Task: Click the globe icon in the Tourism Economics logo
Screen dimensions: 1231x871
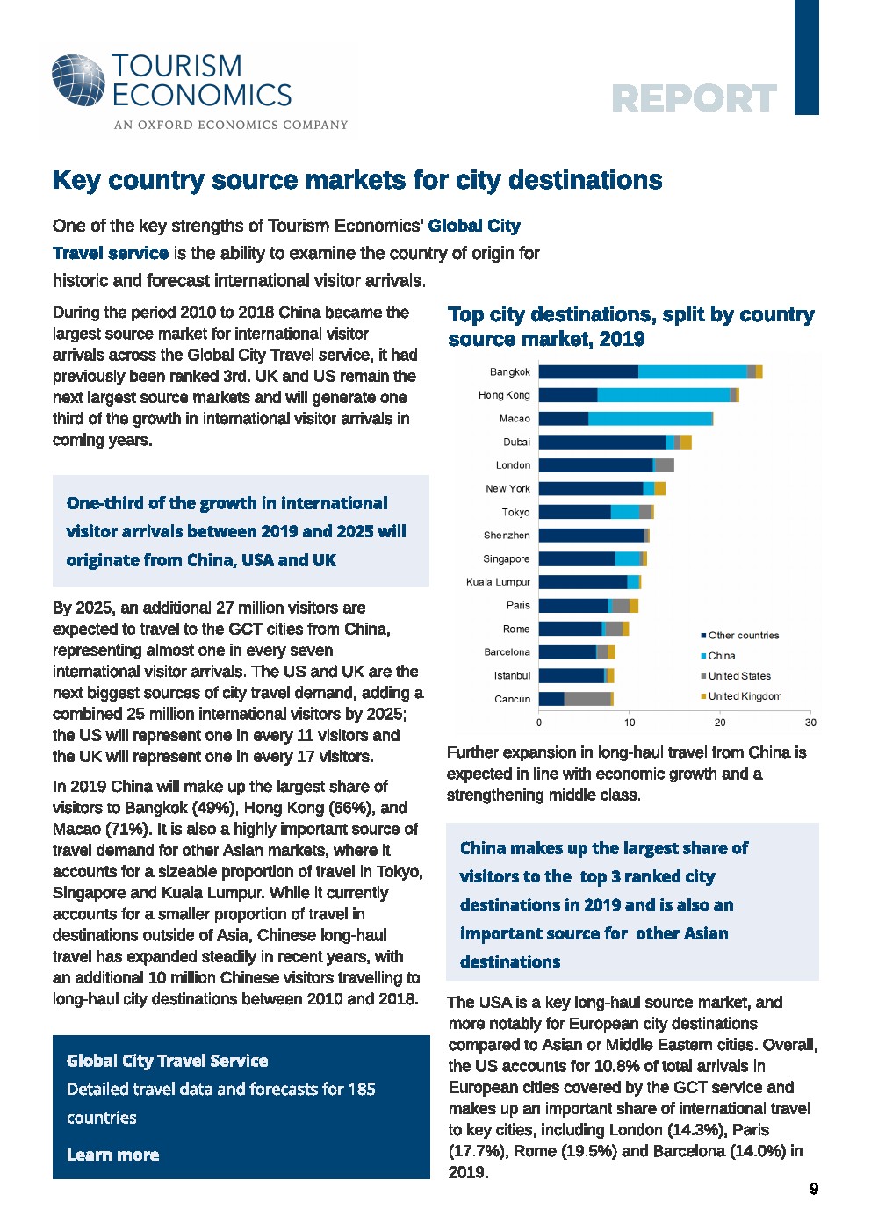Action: [x=78, y=81]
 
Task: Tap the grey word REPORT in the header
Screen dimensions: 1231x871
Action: [x=694, y=98]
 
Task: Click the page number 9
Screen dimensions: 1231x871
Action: [x=814, y=1189]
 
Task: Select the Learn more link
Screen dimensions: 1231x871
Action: [x=112, y=1155]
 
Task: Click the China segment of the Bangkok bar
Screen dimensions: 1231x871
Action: [x=692, y=371]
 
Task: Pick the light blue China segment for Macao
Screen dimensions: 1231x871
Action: [x=650, y=419]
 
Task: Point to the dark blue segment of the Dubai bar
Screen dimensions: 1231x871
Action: [x=601, y=442]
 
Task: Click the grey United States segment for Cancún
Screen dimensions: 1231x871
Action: [x=587, y=699]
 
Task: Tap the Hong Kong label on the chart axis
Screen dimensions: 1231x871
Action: [x=504, y=395]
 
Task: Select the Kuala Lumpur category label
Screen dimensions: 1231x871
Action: [x=498, y=582]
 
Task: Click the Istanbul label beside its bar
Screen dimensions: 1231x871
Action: [x=512, y=676]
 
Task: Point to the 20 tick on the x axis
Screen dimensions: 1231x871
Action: [x=720, y=723]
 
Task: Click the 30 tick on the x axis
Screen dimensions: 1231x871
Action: [x=810, y=723]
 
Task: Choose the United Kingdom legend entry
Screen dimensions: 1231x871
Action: [x=745, y=696]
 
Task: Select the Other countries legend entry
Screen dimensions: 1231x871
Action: [x=743, y=636]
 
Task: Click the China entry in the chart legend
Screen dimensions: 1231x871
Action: [x=721, y=656]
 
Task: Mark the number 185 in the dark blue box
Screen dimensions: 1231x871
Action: [x=361, y=1089]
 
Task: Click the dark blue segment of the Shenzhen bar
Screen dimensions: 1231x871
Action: [x=591, y=536]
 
